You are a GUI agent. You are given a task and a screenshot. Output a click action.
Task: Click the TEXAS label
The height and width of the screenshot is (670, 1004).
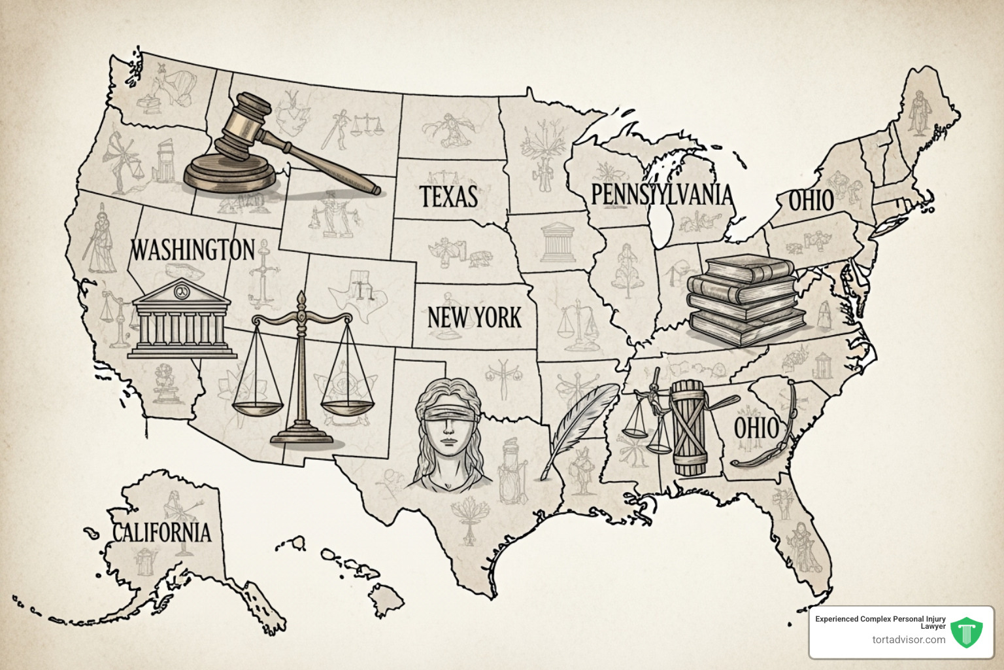click(x=448, y=196)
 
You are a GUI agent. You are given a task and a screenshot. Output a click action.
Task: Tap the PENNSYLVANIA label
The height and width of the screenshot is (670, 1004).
click(x=661, y=194)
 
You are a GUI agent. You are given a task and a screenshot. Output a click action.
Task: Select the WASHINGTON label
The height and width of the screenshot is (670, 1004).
click(x=193, y=249)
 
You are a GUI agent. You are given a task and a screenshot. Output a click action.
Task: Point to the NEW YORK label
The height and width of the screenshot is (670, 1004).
click(x=475, y=317)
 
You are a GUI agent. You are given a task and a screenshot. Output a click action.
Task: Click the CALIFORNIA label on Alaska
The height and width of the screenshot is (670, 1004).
click(x=162, y=532)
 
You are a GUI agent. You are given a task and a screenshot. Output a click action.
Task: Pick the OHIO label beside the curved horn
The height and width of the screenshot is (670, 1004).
click(x=756, y=429)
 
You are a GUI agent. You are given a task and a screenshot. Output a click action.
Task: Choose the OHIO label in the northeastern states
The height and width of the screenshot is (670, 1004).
click(x=811, y=200)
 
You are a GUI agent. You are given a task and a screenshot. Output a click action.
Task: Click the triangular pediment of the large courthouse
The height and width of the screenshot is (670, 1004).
click(x=181, y=292)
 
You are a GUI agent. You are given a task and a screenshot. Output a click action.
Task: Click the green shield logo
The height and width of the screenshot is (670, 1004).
click(x=967, y=633)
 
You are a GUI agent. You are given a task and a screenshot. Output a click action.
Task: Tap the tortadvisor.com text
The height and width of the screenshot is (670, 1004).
click(x=909, y=639)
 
